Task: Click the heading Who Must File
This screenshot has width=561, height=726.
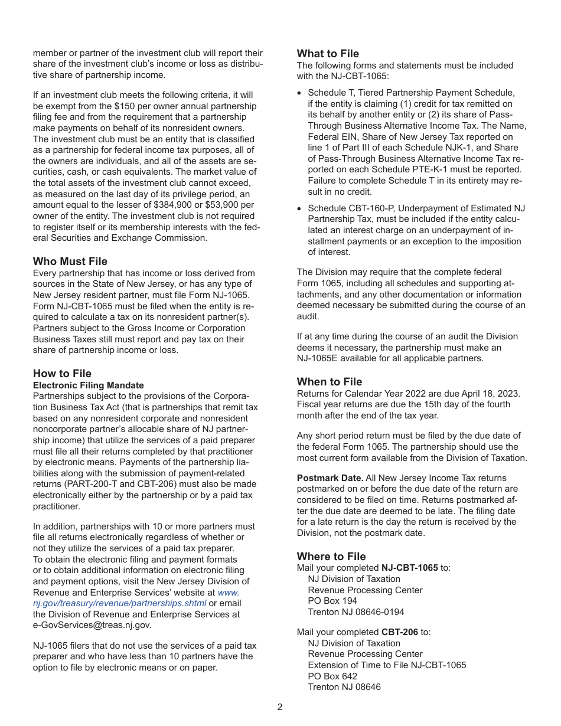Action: coord(70,261)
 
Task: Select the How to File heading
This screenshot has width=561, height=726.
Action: coord(62,374)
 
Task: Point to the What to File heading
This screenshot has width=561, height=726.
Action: coord(328,54)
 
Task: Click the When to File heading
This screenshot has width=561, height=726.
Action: coord(330,382)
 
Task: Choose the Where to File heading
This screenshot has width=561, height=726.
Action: coord(331,557)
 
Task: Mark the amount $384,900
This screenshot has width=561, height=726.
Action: coord(182,205)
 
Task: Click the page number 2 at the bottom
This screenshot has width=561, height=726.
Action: coord(280,707)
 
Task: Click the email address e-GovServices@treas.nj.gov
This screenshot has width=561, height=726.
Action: coord(92,625)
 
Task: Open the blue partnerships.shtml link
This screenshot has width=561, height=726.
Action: coord(119,603)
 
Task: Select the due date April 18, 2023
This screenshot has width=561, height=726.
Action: coord(480,394)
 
